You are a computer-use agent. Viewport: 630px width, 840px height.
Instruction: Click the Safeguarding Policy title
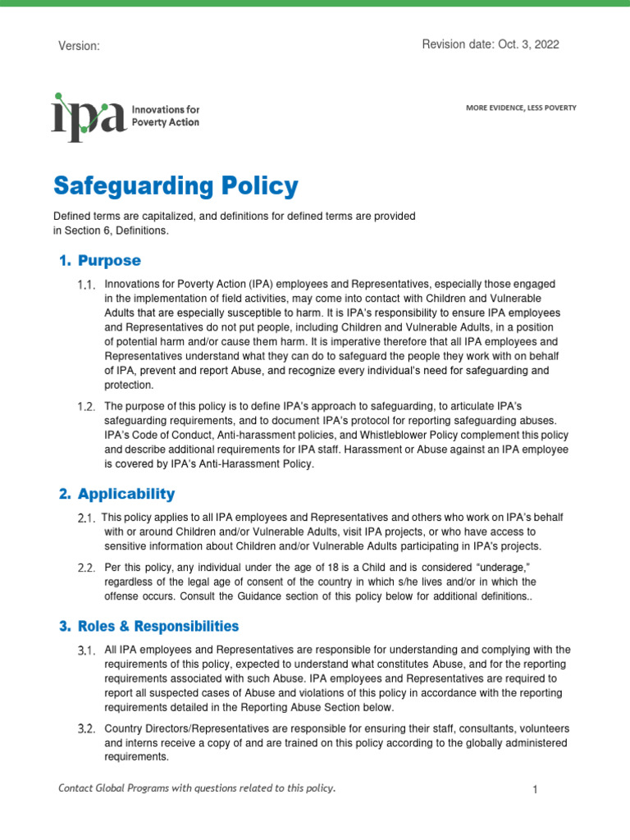pyautogui.click(x=176, y=186)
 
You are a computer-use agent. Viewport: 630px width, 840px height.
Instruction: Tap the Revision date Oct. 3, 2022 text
pyautogui.click(x=490, y=45)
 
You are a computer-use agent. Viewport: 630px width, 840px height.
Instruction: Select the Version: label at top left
pyautogui.click(x=79, y=47)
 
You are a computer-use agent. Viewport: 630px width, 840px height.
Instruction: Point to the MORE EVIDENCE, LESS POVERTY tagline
pyautogui.click(x=520, y=107)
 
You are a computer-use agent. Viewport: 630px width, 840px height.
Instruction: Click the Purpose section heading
pyautogui.click(x=109, y=261)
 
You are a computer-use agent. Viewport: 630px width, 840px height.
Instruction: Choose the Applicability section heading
pyautogui.click(x=126, y=494)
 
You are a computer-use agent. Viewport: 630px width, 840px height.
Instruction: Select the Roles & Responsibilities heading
pyautogui.click(x=157, y=626)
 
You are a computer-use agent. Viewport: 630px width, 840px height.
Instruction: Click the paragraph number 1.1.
pyautogui.click(x=87, y=285)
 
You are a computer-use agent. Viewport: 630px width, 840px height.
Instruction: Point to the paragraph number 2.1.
pyautogui.click(x=87, y=518)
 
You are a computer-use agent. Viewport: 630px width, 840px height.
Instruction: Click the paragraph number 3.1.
pyautogui.click(x=87, y=651)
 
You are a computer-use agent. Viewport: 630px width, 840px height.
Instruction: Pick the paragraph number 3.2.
pyautogui.click(x=87, y=728)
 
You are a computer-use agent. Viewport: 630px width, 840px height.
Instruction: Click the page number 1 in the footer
pyautogui.click(x=534, y=789)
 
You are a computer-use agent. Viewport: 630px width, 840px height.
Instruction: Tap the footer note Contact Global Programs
pyautogui.click(x=197, y=788)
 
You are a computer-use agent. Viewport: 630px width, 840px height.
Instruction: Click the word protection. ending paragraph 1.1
pyautogui.click(x=128, y=385)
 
